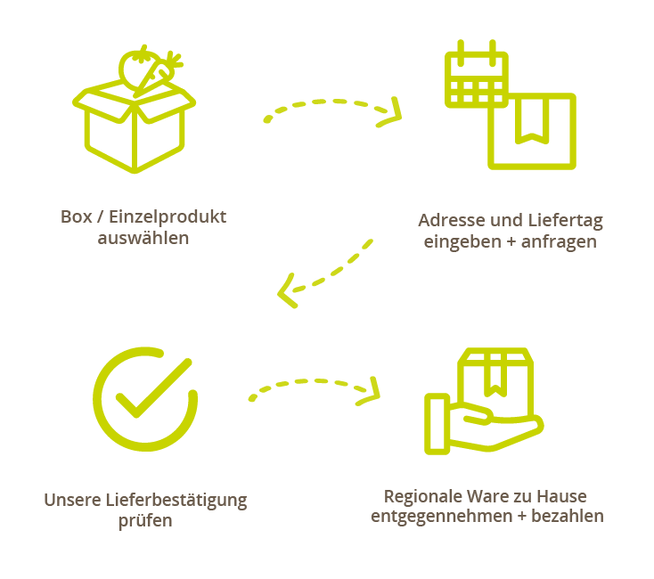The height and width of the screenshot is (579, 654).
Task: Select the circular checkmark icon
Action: coord(144,398)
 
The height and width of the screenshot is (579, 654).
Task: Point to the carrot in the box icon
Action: coord(162,71)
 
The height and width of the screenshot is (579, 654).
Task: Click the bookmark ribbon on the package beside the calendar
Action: coord(532,121)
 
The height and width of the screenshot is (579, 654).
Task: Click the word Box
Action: coord(76,216)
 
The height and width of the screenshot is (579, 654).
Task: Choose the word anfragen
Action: coord(564,242)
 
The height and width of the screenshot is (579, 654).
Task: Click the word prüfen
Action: coord(145,522)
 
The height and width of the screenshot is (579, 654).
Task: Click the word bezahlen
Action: coord(568,517)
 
